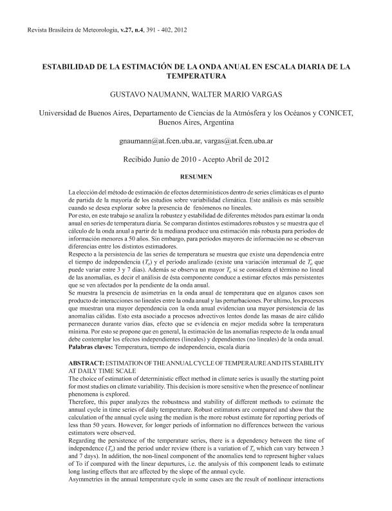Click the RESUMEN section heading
[x=196, y=175]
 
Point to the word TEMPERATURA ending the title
[x=196, y=75]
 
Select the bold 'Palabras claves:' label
[x=89, y=347]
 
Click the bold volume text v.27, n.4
[x=111, y=30]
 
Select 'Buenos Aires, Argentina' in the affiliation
[x=196, y=121]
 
